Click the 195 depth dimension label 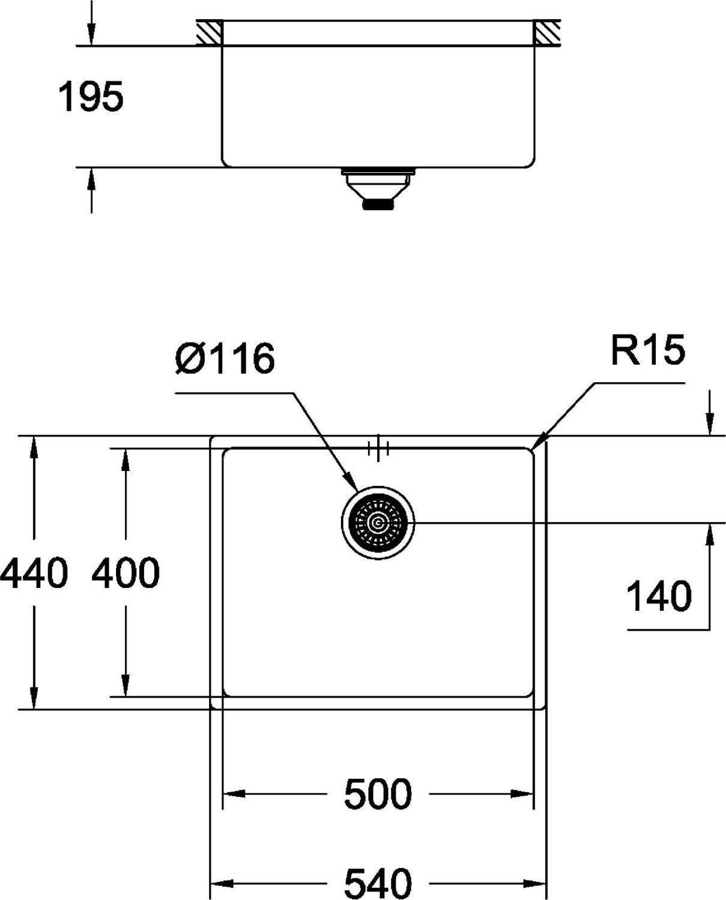[x=91, y=97]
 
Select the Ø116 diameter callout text [x=225, y=359]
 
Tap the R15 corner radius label [x=647, y=350]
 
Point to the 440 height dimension [x=34, y=574]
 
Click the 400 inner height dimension [x=126, y=574]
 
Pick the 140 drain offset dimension [x=659, y=596]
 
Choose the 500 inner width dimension [x=378, y=794]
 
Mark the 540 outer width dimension [x=378, y=883]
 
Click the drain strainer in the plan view [x=378, y=523]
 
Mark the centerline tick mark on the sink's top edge [x=378, y=448]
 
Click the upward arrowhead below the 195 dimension [x=91, y=179]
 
